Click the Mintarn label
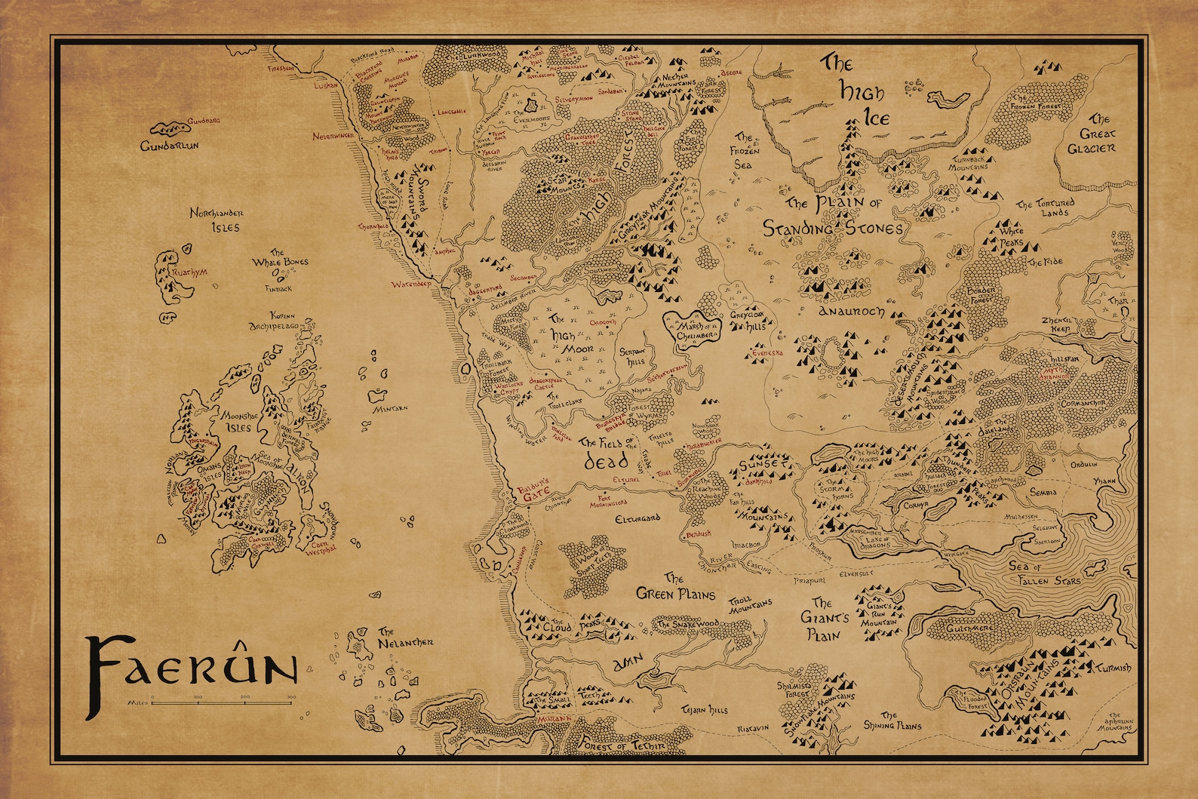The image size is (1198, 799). [391, 408]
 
